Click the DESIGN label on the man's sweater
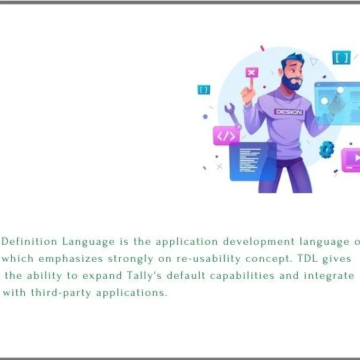[289, 112]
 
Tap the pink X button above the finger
[252, 73]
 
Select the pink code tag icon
[226, 136]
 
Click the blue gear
[327, 149]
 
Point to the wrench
[232, 115]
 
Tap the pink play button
[351, 160]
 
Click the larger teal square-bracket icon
[342, 58]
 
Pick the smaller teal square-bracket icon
[204, 90]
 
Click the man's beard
[291, 83]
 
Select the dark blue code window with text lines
[253, 161]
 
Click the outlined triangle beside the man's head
[314, 62]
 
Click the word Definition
[29, 242]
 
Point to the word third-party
[61, 293]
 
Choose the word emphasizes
[71, 259]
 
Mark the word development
[259, 242]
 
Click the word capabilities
[242, 276]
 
